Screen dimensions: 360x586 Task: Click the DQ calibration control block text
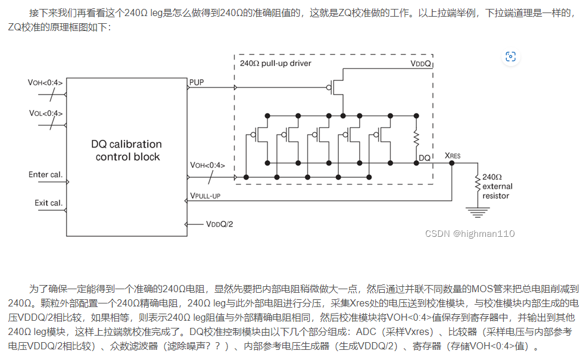(x=126, y=151)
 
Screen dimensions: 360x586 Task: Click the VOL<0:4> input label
(x=45, y=113)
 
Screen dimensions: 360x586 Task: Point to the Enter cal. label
(x=45, y=175)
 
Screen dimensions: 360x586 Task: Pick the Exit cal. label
(x=48, y=203)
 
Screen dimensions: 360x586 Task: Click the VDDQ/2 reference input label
(x=219, y=224)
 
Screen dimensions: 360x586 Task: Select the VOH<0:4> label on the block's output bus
(x=207, y=165)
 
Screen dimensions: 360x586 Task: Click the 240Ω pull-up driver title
(x=275, y=62)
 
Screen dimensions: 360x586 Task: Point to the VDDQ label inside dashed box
(x=420, y=63)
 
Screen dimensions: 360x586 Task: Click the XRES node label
(x=453, y=155)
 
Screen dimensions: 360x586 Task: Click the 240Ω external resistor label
(x=497, y=186)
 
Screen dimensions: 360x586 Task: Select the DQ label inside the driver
(x=425, y=158)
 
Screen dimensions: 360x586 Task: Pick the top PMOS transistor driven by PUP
(x=337, y=88)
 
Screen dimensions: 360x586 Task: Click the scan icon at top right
(x=510, y=57)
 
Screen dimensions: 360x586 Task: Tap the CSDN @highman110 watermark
(x=470, y=233)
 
